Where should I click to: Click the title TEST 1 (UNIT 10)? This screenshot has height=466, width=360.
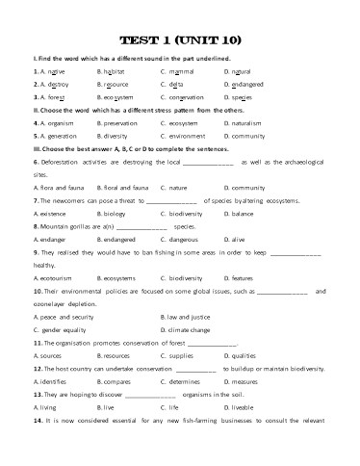point(179,40)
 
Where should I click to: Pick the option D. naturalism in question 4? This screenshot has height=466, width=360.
point(245,122)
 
